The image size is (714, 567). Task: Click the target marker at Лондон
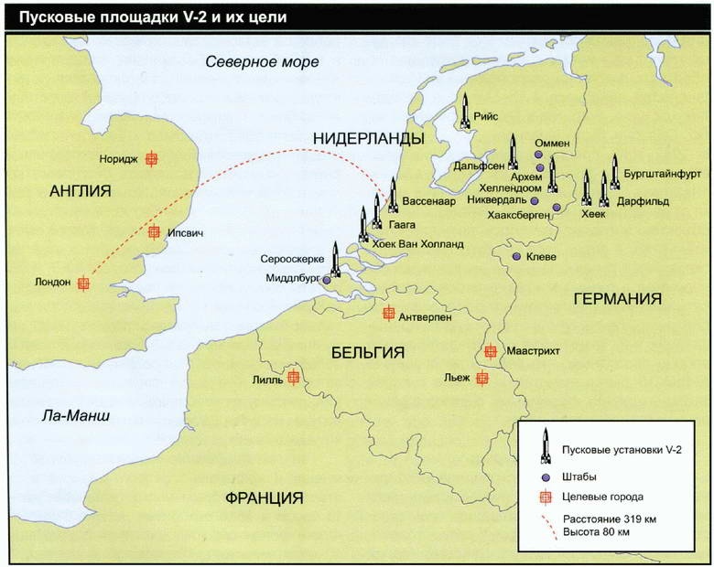(83, 283)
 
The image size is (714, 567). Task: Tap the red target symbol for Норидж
(152, 159)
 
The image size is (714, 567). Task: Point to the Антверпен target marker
(388, 314)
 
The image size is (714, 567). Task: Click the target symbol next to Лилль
(293, 377)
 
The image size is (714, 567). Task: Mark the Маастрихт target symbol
(490, 351)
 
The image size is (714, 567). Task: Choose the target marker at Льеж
(482, 378)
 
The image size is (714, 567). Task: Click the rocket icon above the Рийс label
(465, 111)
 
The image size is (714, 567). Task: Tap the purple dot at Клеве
(516, 257)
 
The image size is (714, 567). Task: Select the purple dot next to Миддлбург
(327, 281)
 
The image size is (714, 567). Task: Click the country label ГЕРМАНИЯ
(617, 299)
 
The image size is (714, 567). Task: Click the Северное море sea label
(262, 62)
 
